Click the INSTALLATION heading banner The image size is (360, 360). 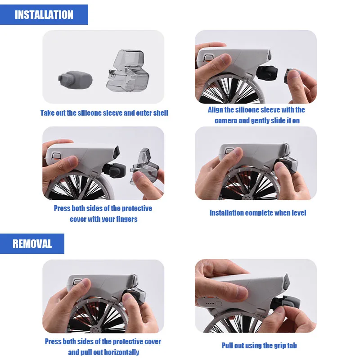44,14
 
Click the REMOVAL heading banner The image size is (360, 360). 32,244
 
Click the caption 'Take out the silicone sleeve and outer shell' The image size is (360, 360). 104,113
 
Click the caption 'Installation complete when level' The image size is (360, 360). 258,212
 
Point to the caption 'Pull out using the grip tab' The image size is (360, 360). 259,346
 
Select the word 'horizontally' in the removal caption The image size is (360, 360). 117,352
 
